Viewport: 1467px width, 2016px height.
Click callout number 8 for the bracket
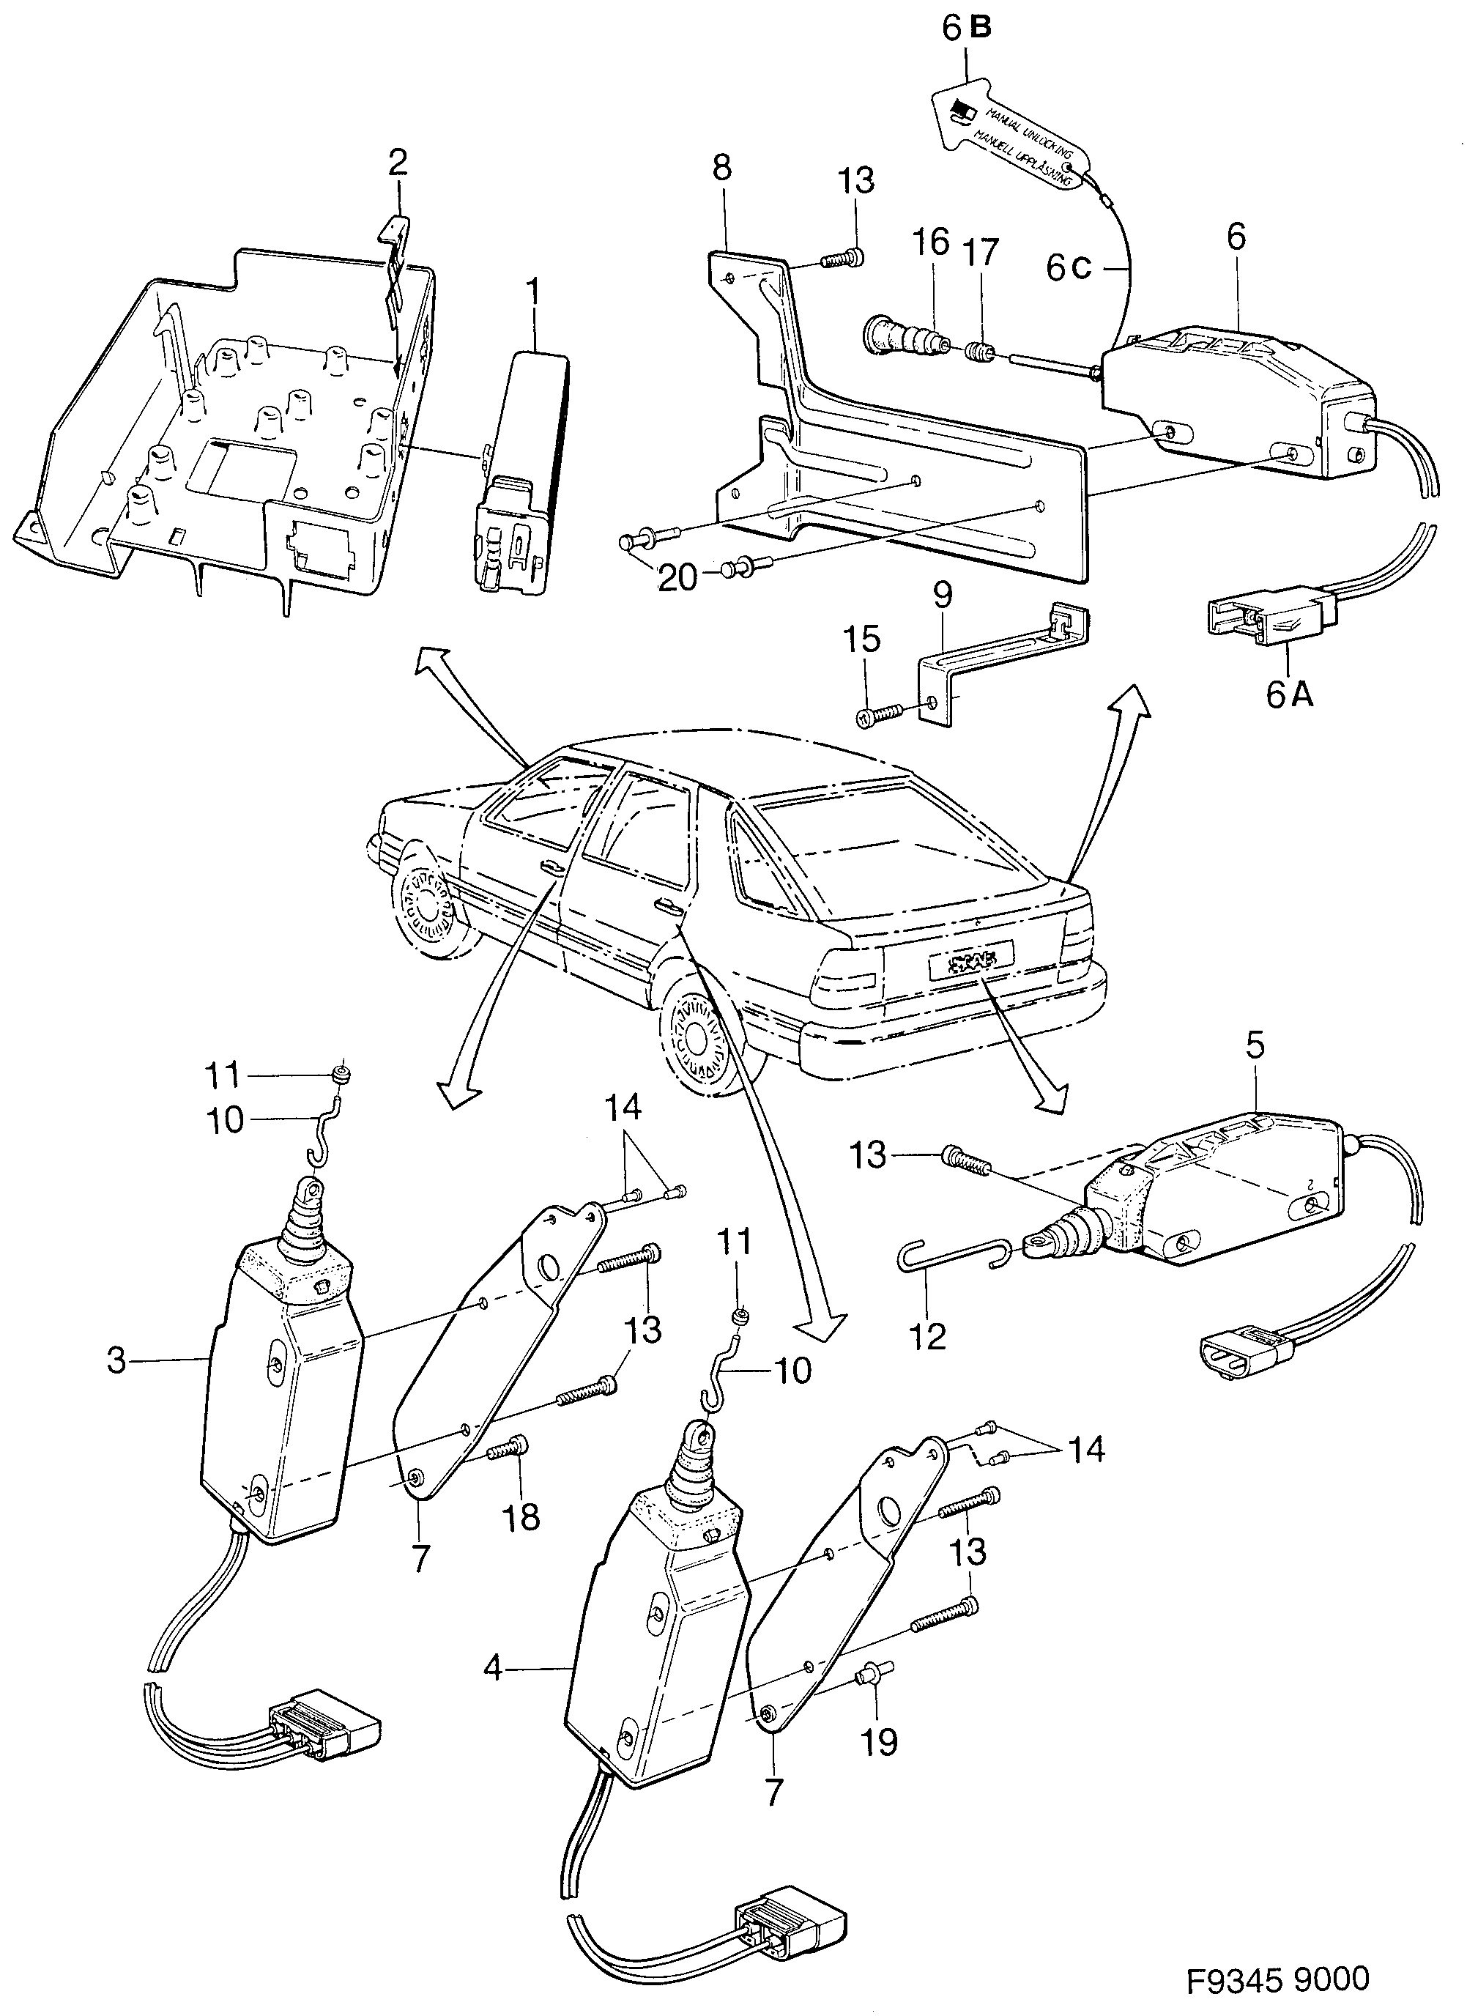click(x=721, y=168)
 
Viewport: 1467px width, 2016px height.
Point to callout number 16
click(x=930, y=243)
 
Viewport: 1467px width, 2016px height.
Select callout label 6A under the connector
click(x=1288, y=694)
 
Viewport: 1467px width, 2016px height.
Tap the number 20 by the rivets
click(x=678, y=579)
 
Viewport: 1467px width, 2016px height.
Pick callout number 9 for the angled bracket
click(x=942, y=595)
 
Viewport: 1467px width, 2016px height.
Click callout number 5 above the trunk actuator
click(x=1254, y=1047)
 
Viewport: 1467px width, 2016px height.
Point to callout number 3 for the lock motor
click(x=116, y=1361)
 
